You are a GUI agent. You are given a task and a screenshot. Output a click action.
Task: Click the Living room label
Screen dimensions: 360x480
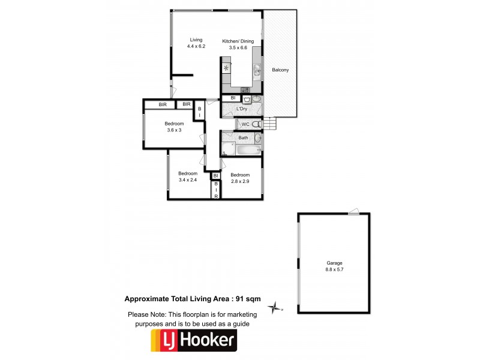[196, 40]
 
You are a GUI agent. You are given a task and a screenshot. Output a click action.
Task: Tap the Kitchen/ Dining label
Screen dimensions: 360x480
[238, 41]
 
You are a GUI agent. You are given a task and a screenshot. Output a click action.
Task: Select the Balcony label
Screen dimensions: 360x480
[280, 70]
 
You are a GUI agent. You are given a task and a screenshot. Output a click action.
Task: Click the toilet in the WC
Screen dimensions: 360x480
[256, 124]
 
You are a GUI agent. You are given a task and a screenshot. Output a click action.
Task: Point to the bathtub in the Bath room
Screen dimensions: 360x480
[229, 149]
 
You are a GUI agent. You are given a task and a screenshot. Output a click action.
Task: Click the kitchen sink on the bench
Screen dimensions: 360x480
[257, 71]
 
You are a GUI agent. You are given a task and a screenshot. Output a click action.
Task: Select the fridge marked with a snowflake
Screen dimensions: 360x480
[226, 68]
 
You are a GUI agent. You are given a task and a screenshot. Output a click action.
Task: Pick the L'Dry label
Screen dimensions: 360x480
[242, 109]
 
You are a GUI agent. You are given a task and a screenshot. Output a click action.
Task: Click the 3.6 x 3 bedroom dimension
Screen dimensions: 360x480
[174, 131]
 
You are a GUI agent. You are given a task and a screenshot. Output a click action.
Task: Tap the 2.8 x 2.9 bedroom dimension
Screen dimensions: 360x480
[240, 181]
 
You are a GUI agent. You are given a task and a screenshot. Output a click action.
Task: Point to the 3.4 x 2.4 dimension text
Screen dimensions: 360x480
[188, 180]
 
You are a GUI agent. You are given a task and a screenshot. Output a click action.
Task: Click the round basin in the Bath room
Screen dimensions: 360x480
[257, 138]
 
